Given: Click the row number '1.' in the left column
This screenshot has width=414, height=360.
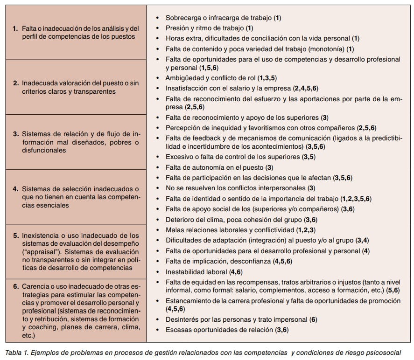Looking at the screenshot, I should [x=16, y=29].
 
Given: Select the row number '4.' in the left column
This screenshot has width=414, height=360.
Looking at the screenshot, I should [x=16, y=189].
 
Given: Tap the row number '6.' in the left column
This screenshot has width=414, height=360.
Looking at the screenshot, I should [x=16, y=285].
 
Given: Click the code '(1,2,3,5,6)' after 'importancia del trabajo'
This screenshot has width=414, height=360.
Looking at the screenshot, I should [x=356, y=199].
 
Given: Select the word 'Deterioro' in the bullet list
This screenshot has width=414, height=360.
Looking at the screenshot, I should [x=181, y=219].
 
